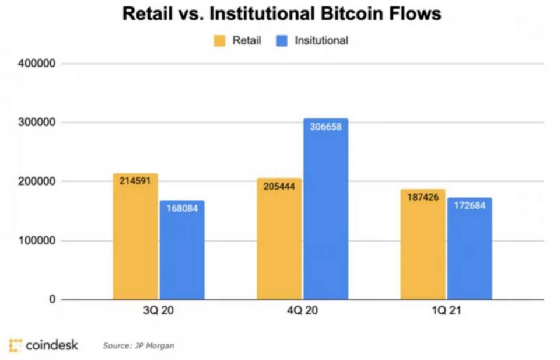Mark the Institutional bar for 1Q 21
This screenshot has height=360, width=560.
click(469, 249)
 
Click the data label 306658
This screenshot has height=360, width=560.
click(325, 127)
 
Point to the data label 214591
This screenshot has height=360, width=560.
click(135, 181)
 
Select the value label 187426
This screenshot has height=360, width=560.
click(423, 197)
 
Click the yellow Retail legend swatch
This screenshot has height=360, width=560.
click(219, 41)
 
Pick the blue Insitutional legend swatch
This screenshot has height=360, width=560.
click(281, 41)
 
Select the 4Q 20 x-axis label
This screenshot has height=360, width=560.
click(302, 311)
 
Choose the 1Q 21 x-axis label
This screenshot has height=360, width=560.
click(446, 311)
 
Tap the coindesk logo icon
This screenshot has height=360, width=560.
click(16, 345)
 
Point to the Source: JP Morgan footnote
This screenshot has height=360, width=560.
click(138, 345)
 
